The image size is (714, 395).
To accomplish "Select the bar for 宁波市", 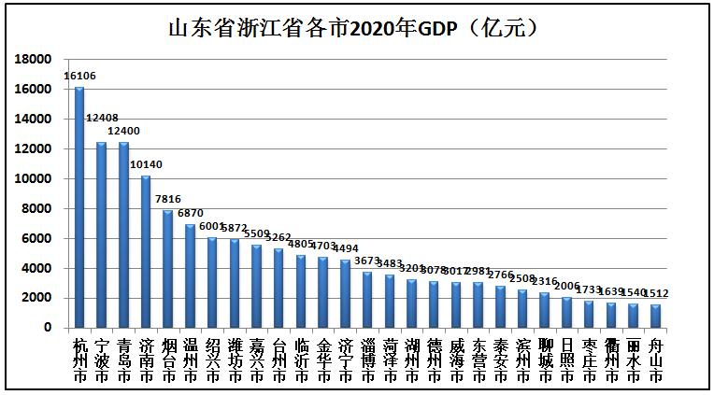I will coord(101,234).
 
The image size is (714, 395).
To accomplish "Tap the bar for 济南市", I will coord(146,251).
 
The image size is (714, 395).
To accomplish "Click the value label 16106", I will coord(79,76).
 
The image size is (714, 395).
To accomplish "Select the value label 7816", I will coord(168,199).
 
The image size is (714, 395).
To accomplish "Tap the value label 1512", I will coord(656,293).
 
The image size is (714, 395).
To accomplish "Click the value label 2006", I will coord(566,286).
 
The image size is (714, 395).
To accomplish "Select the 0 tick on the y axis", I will coord(46,328).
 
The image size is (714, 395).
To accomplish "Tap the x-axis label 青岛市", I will coord(123,360).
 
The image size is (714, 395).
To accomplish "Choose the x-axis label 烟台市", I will coord(168,360).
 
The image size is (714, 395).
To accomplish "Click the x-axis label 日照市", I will coord(566,360).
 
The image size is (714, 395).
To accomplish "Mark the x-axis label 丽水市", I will coord(634,360).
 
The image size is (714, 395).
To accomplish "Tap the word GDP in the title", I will coord(436,28).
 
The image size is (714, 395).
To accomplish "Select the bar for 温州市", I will coord(191,275).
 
